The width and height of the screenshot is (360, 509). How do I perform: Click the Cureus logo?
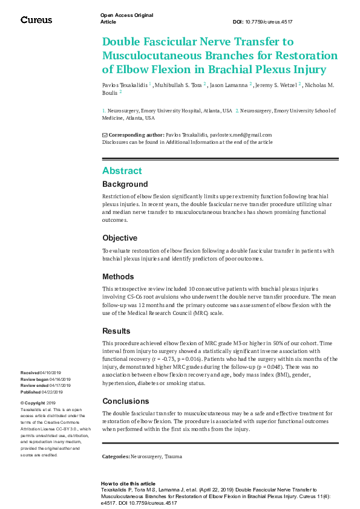pos(36,20)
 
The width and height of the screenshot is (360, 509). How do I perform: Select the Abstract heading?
pos(122,170)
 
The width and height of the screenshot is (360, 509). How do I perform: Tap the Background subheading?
pos(125,184)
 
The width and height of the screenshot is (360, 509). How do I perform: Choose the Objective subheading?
pos(120,238)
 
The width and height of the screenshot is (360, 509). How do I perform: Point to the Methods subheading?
pos(118,276)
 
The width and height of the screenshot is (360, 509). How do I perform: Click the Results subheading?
pos(116,331)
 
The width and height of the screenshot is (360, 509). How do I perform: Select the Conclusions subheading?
pos(125,401)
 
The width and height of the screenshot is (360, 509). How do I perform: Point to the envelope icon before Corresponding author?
pos(105,135)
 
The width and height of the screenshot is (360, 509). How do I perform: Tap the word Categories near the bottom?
pos(116,456)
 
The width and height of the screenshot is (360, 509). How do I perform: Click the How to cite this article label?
pos(128,484)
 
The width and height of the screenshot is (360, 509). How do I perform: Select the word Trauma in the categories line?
pos(173,456)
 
